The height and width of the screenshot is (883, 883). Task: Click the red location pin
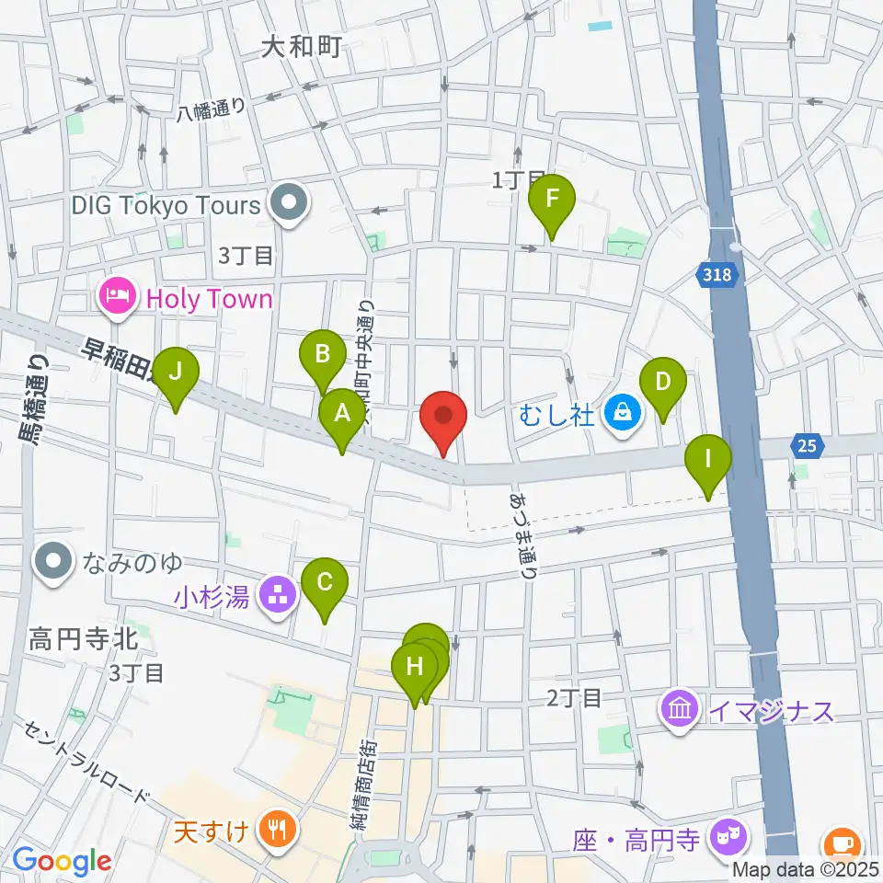pos(443,419)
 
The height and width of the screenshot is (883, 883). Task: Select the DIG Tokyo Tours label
pos(166,205)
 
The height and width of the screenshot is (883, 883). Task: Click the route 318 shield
pos(715,274)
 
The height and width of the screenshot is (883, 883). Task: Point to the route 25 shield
pos(807,446)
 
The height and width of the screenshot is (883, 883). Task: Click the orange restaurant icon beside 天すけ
pos(275,829)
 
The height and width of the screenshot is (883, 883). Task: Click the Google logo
pos(62,862)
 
